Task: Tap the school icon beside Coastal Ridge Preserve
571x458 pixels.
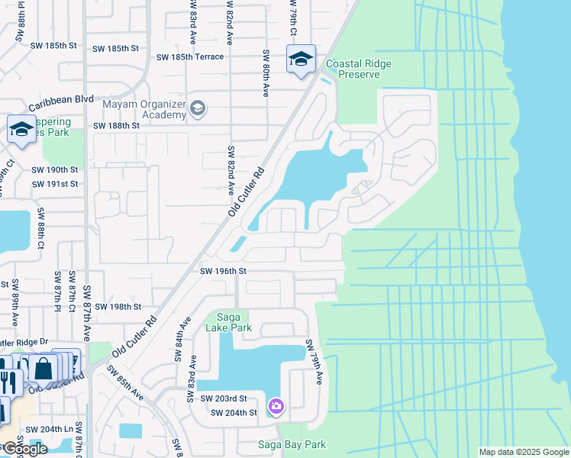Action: pyautogui.click(x=301, y=59)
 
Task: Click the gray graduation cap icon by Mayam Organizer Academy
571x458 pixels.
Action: pyautogui.click(x=198, y=108)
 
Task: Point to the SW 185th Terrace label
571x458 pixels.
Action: pyautogui.click(x=190, y=57)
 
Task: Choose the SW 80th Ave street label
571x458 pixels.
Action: pyautogui.click(x=266, y=73)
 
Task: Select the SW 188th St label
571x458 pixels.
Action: pyautogui.click(x=116, y=125)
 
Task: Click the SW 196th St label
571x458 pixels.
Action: pyautogui.click(x=224, y=270)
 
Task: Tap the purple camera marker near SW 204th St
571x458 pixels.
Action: pyautogui.click(x=276, y=407)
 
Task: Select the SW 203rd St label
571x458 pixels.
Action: pyautogui.click(x=224, y=398)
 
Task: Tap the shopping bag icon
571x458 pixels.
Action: pyautogui.click(x=44, y=369)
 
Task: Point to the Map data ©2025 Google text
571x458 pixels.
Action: pyautogui.click(x=523, y=452)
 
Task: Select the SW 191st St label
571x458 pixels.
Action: pyautogui.click(x=55, y=184)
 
